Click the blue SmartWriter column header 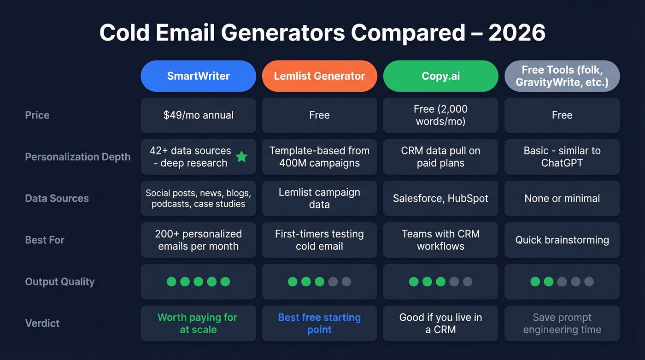[x=198, y=76]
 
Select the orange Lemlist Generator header [x=319, y=76]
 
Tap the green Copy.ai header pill [x=440, y=76]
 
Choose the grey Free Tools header [x=562, y=76]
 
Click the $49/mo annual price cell [x=198, y=115]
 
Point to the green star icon [x=241, y=157]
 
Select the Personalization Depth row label [x=78, y=157]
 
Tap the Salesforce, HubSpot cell [x=440, y=199]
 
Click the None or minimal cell [x=562, y=199]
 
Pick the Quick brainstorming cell [x=562, y=240]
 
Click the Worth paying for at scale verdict [x=198, y=323]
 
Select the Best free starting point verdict [x=319, y=323]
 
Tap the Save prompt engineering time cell [x=562, y=323]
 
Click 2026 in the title [x=517, y=33]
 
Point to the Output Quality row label [x=60, y=282]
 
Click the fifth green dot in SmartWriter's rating [x=225, y=282]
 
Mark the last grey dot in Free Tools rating [x=589, y=282]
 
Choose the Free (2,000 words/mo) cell [x=440, y=115]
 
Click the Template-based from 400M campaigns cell [x=319, y=157]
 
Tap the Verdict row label [x=42, y=323]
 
